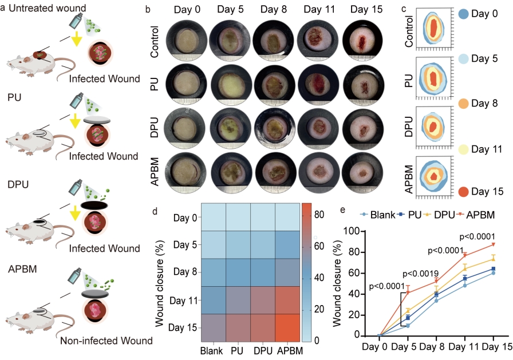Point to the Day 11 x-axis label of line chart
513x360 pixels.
[x=464, y=347]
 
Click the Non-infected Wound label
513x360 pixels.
[x=107, y=341]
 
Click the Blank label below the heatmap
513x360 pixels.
[x=212, y=350]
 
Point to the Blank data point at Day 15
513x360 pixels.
[x=493, y=272]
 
